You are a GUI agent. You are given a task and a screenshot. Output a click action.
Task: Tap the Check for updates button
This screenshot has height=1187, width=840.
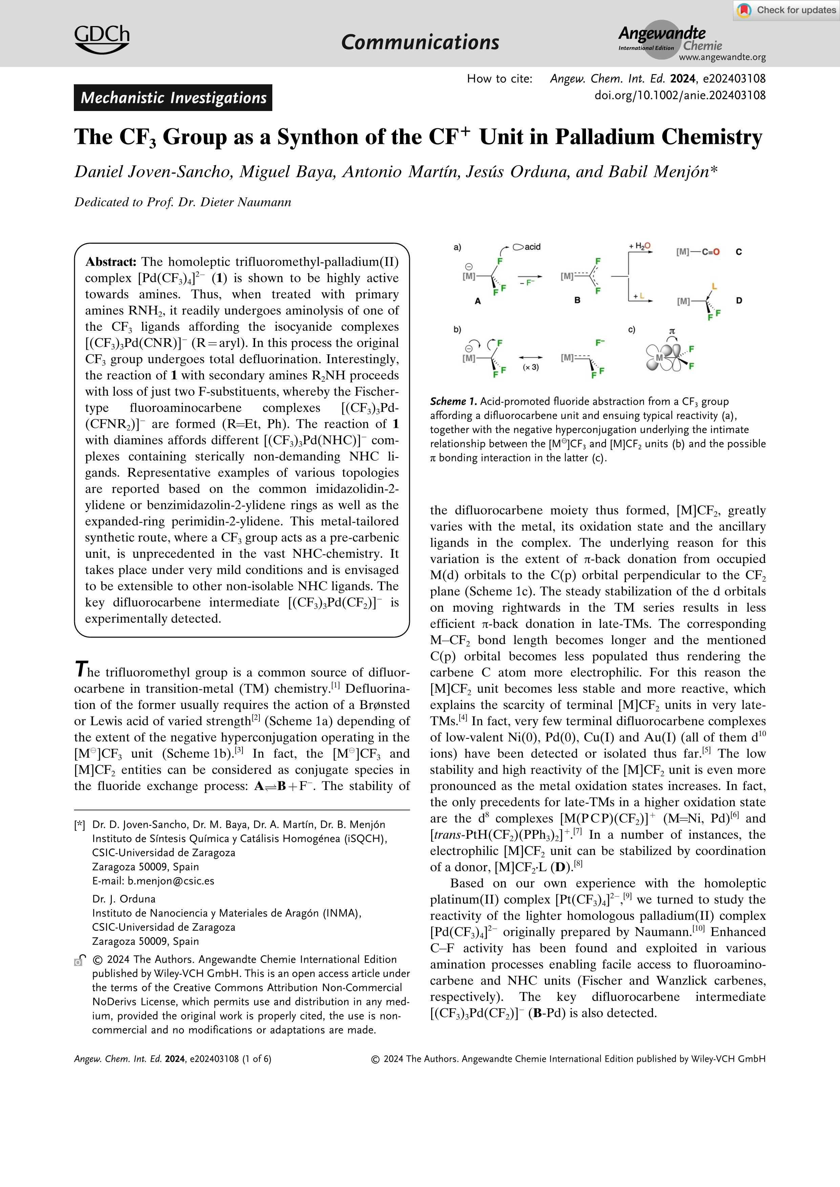(x=786, y=10)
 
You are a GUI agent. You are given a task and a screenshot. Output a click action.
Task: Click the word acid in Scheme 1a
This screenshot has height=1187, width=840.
(x=532, y=247)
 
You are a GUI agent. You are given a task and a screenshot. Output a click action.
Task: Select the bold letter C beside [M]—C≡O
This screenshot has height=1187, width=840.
(x=739, y=252)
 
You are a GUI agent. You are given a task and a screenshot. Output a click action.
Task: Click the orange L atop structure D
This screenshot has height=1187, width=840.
(x=714, y=286)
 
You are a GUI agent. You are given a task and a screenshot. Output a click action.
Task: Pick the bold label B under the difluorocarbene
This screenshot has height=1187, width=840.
(x=577, y=300)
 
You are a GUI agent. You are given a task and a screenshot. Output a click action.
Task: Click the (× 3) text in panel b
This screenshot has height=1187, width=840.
(x=530, y=367)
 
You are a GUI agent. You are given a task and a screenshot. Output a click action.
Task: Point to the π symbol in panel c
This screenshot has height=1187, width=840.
(x=672, y=331)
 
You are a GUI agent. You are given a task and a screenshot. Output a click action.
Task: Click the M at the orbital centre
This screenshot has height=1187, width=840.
(x=659, y=357)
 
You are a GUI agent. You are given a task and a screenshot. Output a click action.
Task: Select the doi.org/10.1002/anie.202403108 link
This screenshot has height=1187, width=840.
(x=680, y=95)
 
